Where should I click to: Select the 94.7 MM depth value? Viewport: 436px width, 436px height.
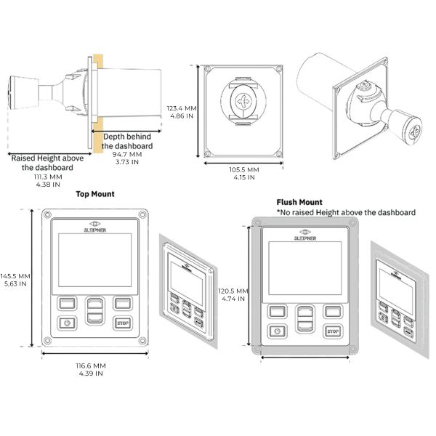pos(126,154)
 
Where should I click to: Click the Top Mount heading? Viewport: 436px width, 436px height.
pos(95,195)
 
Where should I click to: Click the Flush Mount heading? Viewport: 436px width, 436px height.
pos(299,203)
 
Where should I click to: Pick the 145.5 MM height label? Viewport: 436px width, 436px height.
pos(15,276)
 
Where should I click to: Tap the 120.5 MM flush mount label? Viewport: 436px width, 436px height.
pos(233,291)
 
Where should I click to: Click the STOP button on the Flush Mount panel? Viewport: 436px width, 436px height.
pos(333,331)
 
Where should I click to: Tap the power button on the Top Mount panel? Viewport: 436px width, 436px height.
pos(67,323)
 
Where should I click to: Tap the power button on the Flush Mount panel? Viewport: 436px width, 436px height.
pos(277,331)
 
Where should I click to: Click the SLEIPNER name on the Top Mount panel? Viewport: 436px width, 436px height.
pos(96,227)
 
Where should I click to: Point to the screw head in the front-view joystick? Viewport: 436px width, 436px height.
pos(243,102)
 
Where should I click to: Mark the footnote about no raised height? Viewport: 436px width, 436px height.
pos(346,212)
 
